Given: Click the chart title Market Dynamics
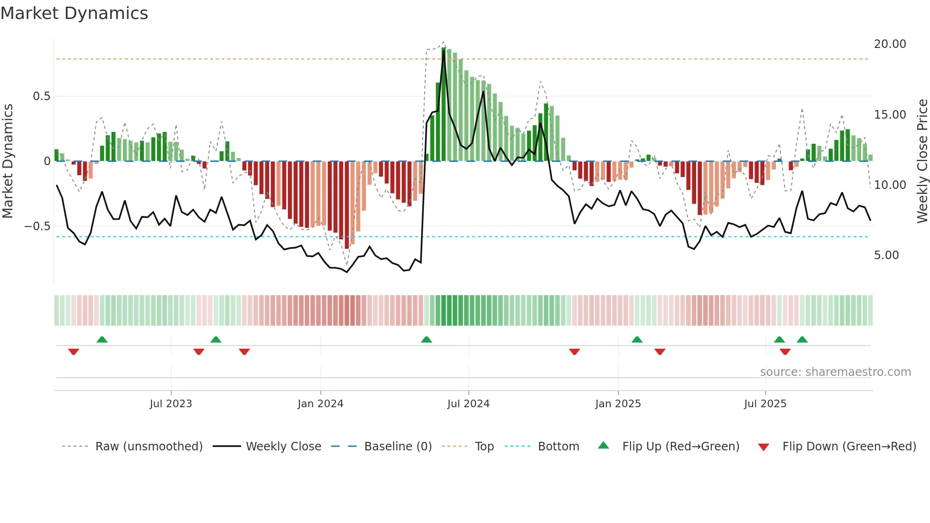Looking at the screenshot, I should pyautogui.click(x=74, y=13).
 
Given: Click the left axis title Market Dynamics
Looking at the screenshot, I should pyautogui.click(x=8, y=161).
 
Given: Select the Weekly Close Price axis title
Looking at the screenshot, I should pyautogui.click(x=922, y=161).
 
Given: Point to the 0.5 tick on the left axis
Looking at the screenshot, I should pyautogui.click(x=41, y=96).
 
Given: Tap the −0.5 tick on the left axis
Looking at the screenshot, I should pyautogui.click(x=37, y=226).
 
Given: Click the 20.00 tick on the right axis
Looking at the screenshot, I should pyautogui.click(x=890, y=44).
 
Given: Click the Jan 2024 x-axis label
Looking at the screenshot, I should pyautogui.click(x=320, y=404).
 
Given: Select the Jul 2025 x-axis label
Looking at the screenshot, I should pyautogui.click(x=765, y=404).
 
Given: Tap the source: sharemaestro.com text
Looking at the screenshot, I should pyautogui.click(x=835, y=372).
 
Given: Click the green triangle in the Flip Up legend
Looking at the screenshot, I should pyautogui.click(x=603, y=445).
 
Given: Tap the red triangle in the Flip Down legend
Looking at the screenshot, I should pyautogui.click(x=763, y=447).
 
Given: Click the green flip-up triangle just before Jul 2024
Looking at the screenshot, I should pyautogui.click(x=427, y=339).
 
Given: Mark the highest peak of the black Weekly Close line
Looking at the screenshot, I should pyautogui.click(x=444, y=51).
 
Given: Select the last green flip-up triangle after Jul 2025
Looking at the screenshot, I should pyautogui.click(x=802, y=339).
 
